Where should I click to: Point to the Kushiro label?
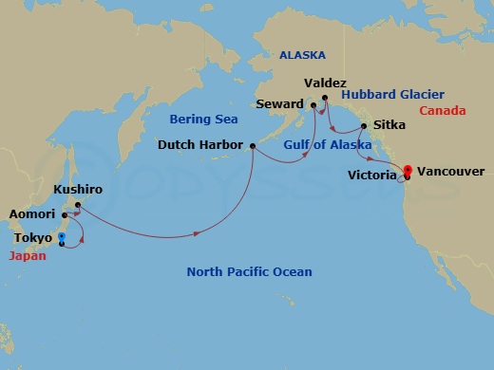(78, 190)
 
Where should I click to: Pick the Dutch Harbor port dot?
(252, 146)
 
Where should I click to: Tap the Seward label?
(279, 103)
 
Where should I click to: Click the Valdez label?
(327, 83)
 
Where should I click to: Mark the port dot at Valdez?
(324, 97)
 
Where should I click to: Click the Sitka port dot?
(364, 124)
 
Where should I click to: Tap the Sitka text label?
(389, 124)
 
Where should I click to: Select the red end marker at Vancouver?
(407, 171)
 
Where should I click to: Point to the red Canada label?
(443, 111)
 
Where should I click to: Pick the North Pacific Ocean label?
(249, 272)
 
